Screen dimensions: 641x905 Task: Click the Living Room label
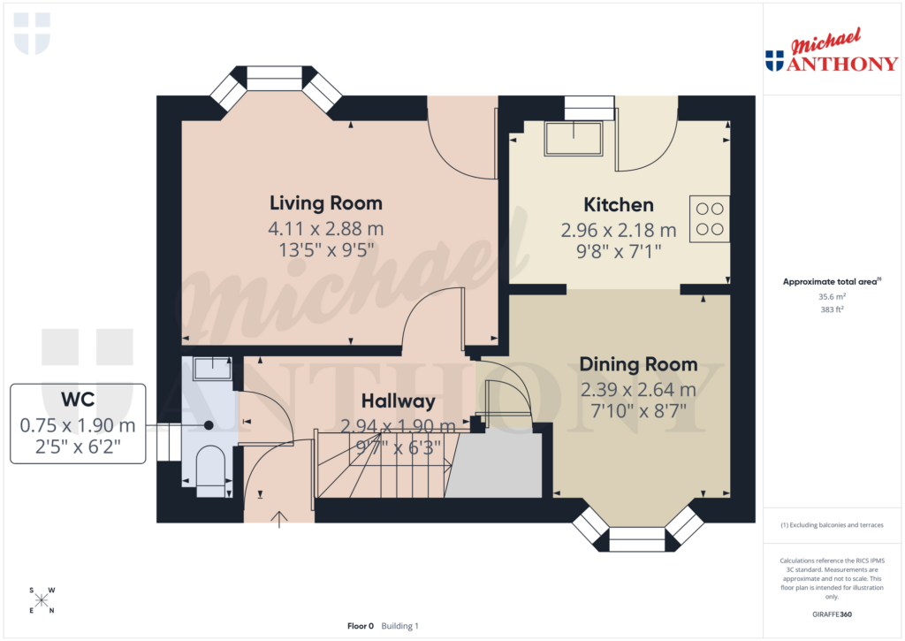[x=325, y=203]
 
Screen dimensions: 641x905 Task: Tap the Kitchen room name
[x=619, y=205]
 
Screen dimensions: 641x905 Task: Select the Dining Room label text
[x=638, y=364]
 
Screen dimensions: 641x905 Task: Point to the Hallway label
[x=398, y=401]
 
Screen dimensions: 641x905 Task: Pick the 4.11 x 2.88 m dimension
[x=325, y=229]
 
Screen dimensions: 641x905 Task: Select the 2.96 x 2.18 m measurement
[x=619, y=231]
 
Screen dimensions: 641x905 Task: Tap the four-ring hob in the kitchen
[x=711, y=218]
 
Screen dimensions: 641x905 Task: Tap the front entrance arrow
[x=280, y=518]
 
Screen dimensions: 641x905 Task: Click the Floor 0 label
[x=361, y=626]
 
